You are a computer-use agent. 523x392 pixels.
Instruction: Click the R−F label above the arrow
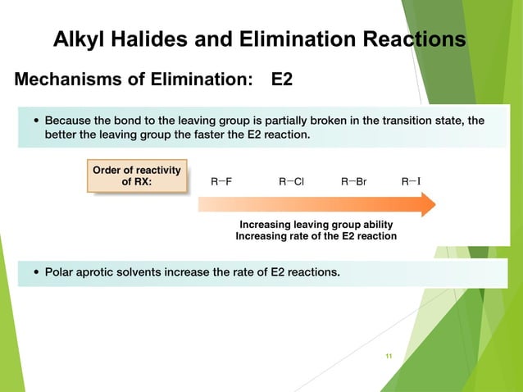click(221, 182)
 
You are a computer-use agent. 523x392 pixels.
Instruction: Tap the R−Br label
click(354, 182)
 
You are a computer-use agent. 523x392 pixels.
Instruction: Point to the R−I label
click(412, 182)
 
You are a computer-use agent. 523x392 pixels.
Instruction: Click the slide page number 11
click(389, 355)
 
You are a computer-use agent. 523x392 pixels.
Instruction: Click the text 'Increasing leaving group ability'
click(316, 225)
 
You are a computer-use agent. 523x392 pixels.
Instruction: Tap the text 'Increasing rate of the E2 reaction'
click(316, 236)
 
